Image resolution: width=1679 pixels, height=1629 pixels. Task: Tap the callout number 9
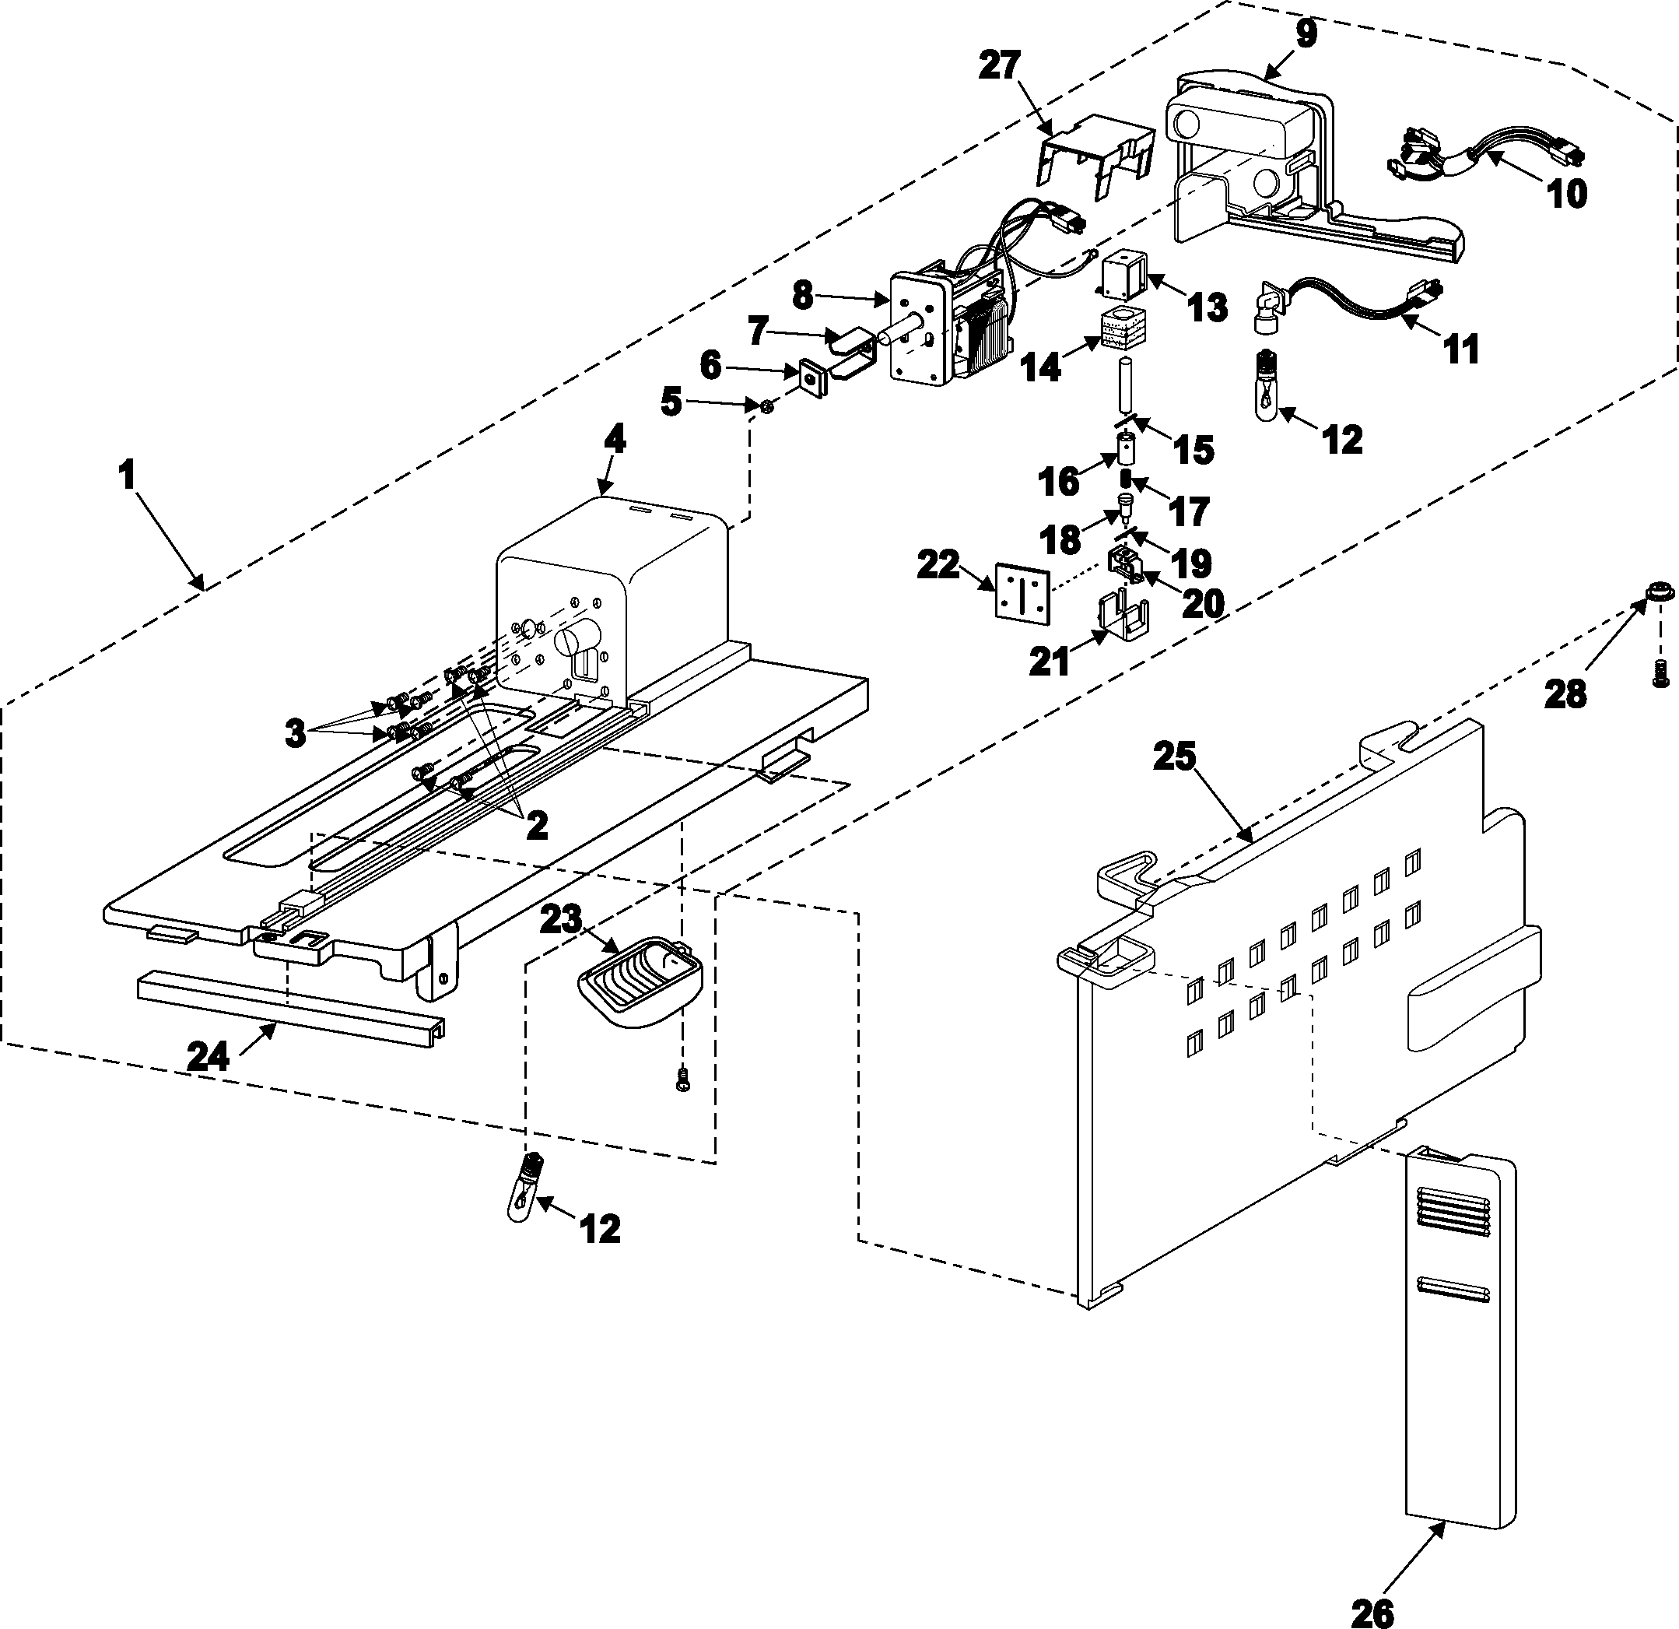(x=1306, y=33)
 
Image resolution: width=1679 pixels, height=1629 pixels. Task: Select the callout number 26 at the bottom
(x=1372, y=1612)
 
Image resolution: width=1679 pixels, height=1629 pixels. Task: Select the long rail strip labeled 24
(x=291, y=1002)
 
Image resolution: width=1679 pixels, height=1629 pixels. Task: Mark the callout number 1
(x=128, y=474)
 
